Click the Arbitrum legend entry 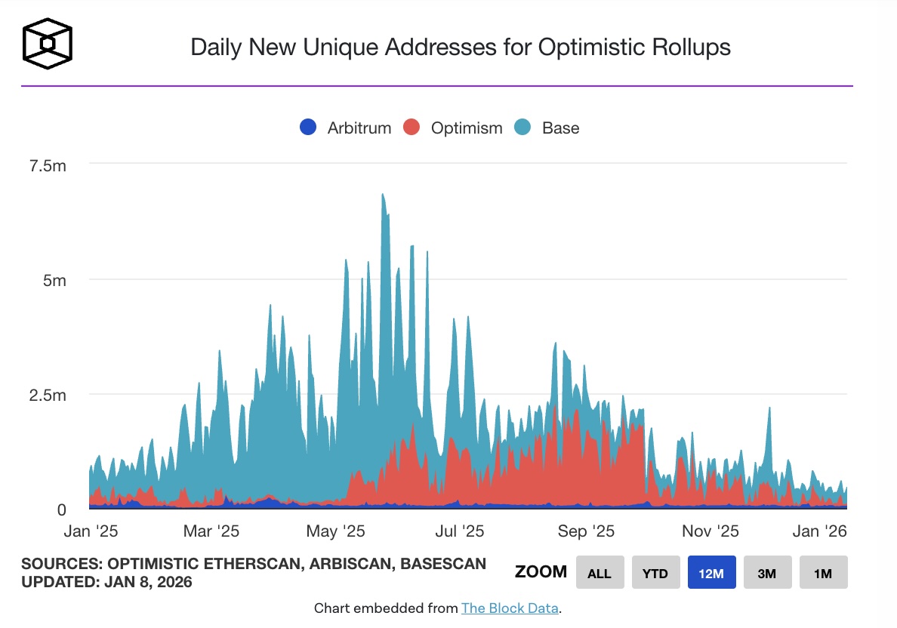coord(346,128)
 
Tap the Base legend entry coord(547,128)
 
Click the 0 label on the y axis coord(62,510)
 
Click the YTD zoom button coord(655,573)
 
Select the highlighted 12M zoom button coord(711,573)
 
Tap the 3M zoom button coord(767,573)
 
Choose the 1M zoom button coord(823,573)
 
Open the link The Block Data coord(510,608)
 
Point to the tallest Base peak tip coord(383,194)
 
